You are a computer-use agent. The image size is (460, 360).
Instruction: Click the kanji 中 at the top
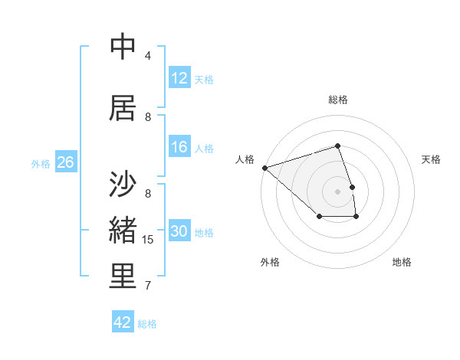[123, 47]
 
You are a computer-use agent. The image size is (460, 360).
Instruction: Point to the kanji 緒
[123, 231]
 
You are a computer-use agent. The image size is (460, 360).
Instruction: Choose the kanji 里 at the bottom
[123, 276]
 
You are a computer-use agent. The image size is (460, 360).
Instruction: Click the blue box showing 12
[179, 78]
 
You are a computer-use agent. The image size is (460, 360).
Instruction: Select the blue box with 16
[179, 147]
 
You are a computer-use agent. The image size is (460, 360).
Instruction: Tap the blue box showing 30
[179, 232]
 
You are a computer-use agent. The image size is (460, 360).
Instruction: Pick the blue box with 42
[123, 322]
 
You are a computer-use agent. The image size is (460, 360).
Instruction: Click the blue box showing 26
[65, 162]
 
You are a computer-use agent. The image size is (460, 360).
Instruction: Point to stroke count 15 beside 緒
[148, 240]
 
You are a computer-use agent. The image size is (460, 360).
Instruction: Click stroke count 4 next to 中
[148, 56]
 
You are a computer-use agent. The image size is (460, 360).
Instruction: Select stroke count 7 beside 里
[148, 286]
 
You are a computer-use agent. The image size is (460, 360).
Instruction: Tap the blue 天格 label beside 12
[204, 79]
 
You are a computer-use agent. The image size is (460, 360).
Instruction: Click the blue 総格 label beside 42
[147, 324]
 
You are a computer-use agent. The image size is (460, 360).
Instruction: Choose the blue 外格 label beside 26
[41, 163]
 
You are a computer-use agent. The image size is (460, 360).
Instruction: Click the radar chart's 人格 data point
[264, 167]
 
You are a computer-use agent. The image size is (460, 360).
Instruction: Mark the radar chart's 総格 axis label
[338, 100]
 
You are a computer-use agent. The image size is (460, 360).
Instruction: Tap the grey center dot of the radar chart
[338, 191]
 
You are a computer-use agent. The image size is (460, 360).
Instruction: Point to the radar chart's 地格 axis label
[402, 262]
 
